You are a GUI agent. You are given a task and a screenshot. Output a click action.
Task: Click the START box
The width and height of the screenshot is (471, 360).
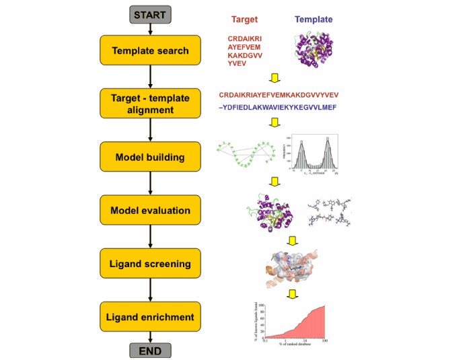click(x=150, y=14)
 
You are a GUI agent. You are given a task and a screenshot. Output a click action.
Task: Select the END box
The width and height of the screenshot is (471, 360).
click(x=150, y=350)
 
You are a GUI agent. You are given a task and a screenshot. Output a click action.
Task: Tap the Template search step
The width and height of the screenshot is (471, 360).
click(x=150, y=50)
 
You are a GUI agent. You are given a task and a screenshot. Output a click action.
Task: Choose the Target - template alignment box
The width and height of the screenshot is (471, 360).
click(x=150, y=104)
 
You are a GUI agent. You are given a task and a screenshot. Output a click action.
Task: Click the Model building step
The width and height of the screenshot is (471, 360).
click(x=150, y=157)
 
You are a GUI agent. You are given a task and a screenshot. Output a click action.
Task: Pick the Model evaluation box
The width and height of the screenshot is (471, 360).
click(x=150, y=210)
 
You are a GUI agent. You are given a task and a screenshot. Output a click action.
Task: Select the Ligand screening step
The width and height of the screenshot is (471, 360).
click(x=150, y=263)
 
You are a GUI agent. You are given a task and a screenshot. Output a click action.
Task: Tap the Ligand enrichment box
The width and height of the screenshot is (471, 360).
click(x=150, y=316)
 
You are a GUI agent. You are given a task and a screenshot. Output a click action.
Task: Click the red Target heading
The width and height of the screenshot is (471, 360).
click(x=244, y=20)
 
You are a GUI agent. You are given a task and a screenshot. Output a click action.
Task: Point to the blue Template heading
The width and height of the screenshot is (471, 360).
click(x=314, y=20)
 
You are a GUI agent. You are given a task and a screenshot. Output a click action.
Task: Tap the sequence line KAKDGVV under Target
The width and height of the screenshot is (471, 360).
click(x=244, y=55)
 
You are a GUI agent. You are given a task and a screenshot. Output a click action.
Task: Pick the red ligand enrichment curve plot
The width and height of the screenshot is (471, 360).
click(x=296, y=322)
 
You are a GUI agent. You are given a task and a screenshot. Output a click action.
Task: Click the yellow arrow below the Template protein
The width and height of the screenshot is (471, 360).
click(x=274, y=77)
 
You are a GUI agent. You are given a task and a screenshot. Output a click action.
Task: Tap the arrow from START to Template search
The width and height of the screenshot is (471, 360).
click(x=150, y=28)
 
